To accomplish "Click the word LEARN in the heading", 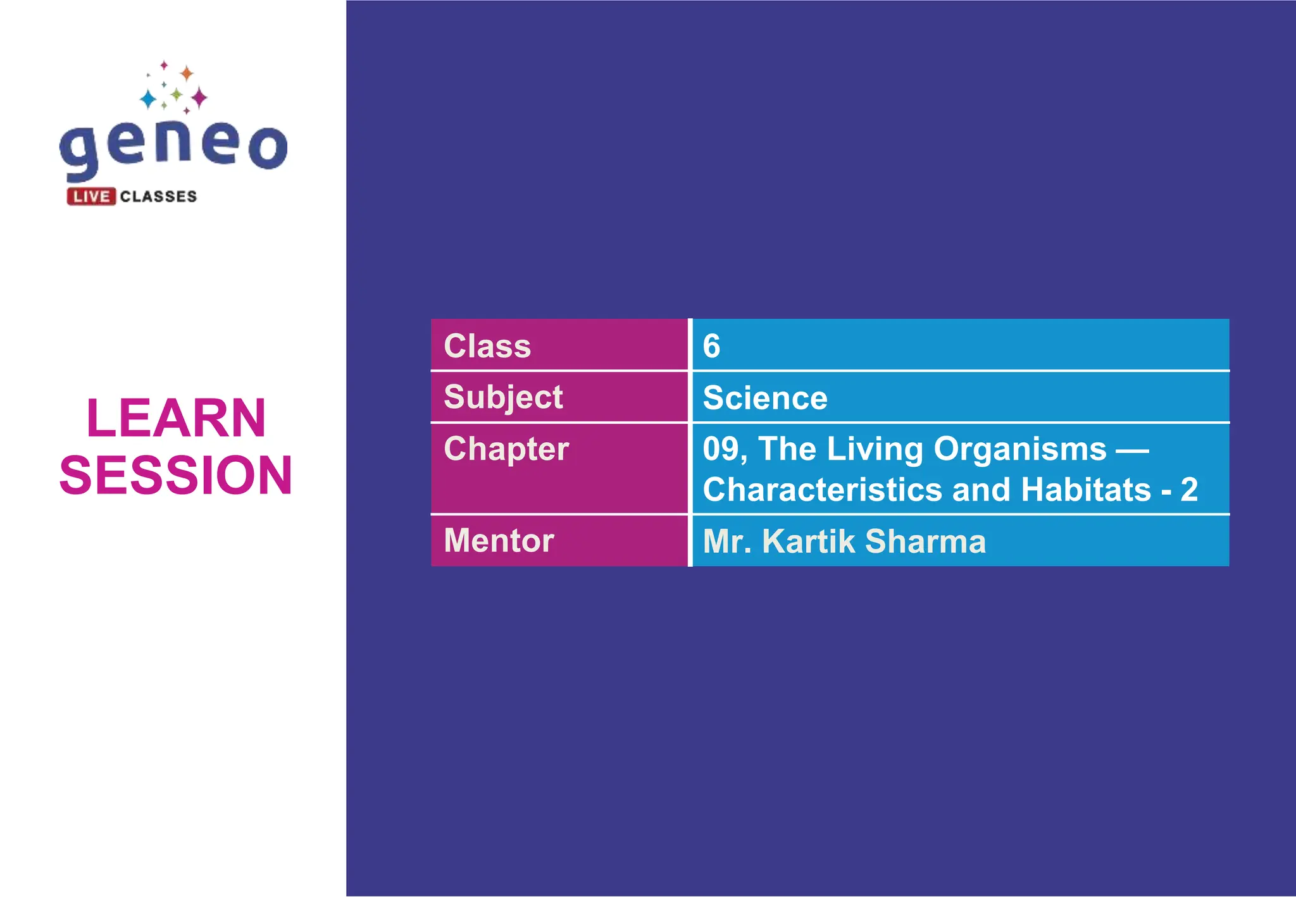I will click(x=176, y=418).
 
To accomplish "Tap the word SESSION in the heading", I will click(x=176, y=475).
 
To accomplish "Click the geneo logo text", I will click(x=173, y=147).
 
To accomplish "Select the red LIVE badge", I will click(x=91, y=197).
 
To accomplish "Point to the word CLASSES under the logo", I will click(x=158, y=197).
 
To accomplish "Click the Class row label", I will click(x=487, y=346).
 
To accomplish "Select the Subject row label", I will click(x=503, y=397).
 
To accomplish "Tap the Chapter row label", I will click(x=506, y=449).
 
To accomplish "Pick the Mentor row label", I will click(x=499, y=541).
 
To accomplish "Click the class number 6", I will click(x=711, y=346).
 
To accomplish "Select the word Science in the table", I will click(x=764, y=398).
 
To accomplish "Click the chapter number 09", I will click(x=721, y=449).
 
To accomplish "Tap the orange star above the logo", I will click(x=187, y=73).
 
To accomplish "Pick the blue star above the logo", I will click(x=148, y=99).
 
